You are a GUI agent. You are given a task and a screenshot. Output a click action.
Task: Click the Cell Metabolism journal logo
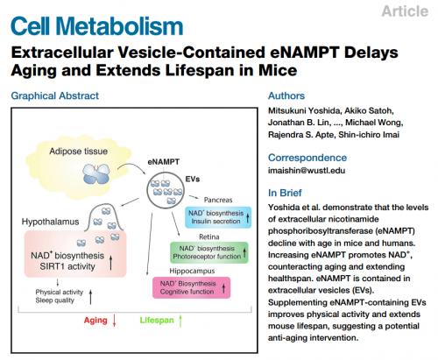click(96, 26)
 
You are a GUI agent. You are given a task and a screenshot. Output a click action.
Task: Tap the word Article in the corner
click(405, 11)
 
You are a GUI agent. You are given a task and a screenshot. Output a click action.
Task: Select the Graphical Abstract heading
click(55, 95)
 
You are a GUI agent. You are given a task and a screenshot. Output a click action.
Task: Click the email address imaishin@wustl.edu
click(307, 170)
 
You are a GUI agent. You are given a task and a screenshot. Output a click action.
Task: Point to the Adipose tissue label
click(78, 151)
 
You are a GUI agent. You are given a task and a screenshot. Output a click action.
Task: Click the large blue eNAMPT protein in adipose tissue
click(96, 173)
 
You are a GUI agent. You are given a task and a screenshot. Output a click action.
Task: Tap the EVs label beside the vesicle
click(193, 179)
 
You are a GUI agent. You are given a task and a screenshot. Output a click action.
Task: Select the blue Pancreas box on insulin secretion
click(218, 217)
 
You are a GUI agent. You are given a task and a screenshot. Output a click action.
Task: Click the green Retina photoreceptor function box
click(209, 252)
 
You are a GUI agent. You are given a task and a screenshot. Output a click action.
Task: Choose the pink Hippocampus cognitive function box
click(192, 287)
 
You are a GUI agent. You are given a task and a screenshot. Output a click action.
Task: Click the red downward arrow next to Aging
click(114, 321)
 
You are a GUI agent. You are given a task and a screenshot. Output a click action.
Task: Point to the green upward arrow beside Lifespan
click(180, 321)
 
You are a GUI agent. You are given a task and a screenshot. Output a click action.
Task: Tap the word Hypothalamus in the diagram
click(50, 222)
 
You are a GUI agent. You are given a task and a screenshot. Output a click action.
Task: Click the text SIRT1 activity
click(67, 266)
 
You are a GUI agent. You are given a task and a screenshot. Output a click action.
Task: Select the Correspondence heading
click(307, 158)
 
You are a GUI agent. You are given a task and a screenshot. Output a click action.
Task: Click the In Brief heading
click(285, 193)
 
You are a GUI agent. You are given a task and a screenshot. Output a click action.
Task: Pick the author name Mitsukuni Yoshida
click(304, 110)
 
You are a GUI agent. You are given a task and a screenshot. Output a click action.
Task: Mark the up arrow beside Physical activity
click(90, 297)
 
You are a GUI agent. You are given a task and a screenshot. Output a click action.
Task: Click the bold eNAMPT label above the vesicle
click(164, 162)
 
